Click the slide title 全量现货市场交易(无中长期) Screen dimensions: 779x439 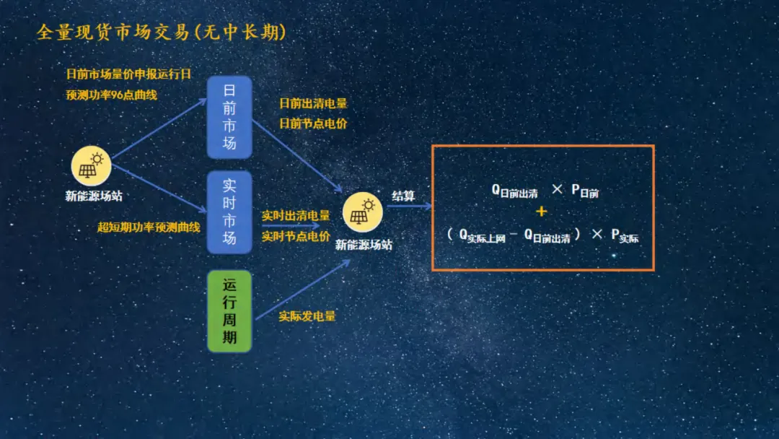pyautogui.click(x=161, y=33)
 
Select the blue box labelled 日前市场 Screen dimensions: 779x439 pyautogui.click(x=229, y=117)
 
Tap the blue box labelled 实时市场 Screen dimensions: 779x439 pyautogui.click(x=229, y=212)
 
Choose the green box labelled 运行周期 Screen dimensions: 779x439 pyautogui.click(x=229, y=311)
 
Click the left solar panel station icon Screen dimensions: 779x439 pyautogui.click(x=91, y=166)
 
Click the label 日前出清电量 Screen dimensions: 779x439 pyautogui.click(x=313, y=104)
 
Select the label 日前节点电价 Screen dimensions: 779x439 pyautogui.click(x=313, y=123)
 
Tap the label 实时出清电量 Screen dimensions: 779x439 pyautogui.click(x=296, y=216)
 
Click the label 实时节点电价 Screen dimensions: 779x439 pyautogui.click(x=296, y=236)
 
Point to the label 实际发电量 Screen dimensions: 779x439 pyautogui.click(x=307, y=316)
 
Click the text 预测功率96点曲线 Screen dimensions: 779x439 pyautogui.click(x=112, y=95)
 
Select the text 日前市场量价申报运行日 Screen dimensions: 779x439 pyautogui.click(x=128, y=74)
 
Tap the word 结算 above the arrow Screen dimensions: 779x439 pyautogui.click(x=403, y=196)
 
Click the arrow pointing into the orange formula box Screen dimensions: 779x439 pyautogui.click(x=409, y=207)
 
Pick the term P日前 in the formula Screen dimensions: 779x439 pyautogui.click(x=586, y=191)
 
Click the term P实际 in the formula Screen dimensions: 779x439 pyautogui.click(x=625, y=235)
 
